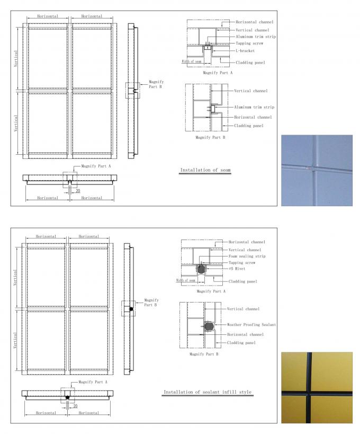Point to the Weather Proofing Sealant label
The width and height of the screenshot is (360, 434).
pos(251,324)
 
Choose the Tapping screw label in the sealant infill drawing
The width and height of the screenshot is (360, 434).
pos(242,262)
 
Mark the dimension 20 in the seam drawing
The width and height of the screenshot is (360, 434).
pos(77,190)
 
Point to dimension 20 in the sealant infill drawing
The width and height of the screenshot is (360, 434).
pos(76,406)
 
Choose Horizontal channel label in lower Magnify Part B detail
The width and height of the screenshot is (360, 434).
pos(245,335)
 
